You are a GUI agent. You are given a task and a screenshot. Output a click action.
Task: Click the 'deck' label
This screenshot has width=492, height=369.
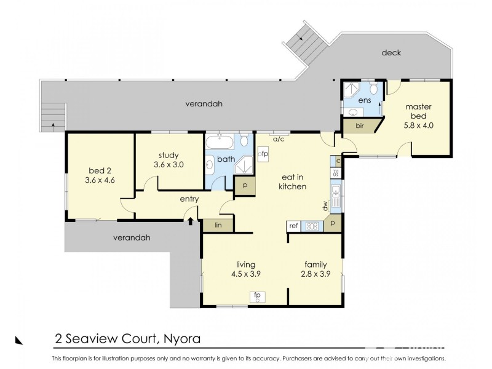click(x=391, y=53)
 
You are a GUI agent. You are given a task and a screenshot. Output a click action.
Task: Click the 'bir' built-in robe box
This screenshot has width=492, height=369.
click(x=360, y=127)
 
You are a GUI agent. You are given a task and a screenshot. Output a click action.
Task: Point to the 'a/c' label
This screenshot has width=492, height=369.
click(x=278, y=140)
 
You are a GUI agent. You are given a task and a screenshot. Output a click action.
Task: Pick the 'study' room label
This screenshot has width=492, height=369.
click(x=167, y=156)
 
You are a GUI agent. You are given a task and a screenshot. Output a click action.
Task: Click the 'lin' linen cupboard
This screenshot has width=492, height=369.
click(x=218, y=226)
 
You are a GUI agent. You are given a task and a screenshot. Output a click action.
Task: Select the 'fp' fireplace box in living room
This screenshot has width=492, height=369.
click(x=256, y=296)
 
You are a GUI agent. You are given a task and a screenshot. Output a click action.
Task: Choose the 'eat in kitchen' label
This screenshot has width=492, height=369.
click(x=293, y=181)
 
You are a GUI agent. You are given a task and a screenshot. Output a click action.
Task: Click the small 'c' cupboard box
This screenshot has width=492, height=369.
click(x=336, y=161)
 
